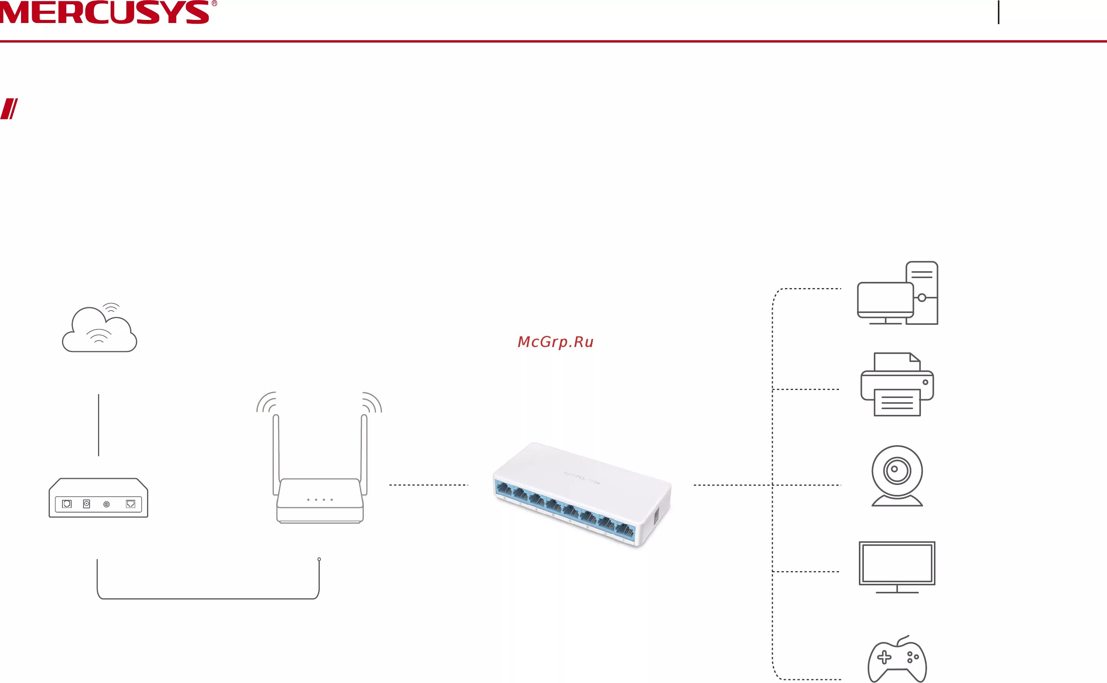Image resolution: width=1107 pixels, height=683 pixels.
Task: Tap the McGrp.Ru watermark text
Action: pos(555,342)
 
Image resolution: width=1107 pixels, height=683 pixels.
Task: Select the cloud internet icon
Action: pos(99,329)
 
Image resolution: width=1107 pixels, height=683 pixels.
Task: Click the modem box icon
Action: pos(98,498)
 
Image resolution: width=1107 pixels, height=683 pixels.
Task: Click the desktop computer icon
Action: pos(897,294)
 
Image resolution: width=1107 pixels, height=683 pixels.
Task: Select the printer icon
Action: pos(897,385)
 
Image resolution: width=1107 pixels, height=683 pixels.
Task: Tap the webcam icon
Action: pos(897,475)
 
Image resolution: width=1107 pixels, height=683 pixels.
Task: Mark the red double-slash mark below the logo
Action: pos(9,109)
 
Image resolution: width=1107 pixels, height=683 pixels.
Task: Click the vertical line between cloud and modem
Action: pos(98,424)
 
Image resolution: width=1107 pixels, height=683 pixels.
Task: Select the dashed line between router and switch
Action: pos(428,485)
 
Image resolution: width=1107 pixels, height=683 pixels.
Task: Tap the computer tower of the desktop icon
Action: pos(923,293)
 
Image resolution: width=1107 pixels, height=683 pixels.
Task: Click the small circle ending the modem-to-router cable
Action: pos(319,559)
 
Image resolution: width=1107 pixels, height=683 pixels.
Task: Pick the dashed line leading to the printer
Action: pos(806,389)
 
